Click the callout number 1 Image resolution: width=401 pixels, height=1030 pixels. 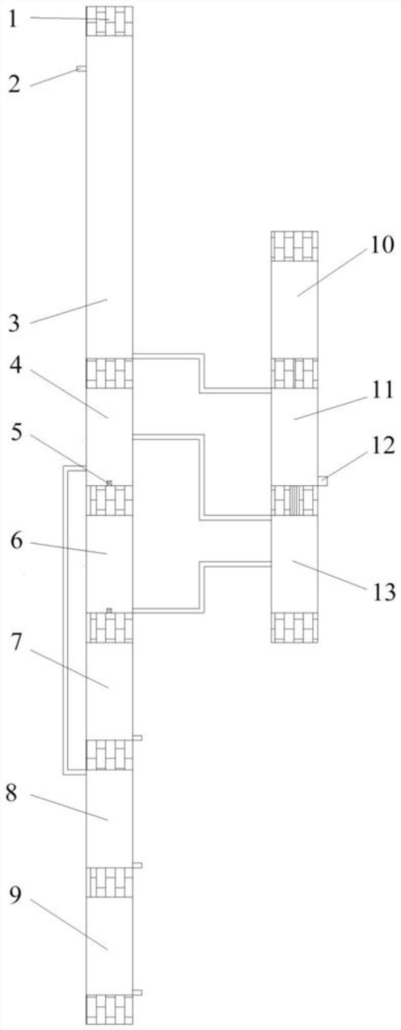(14, 20)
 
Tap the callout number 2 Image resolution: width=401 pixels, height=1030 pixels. (15, 84)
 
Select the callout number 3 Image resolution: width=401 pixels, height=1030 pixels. (15, 323)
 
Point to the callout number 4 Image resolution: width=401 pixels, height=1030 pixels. (16, 366)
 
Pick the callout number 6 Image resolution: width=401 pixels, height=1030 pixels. (17, 541)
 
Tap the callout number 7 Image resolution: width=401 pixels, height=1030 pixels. (17, 643)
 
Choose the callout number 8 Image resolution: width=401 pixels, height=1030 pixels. (12, 793)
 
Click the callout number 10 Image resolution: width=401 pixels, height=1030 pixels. (382, 245)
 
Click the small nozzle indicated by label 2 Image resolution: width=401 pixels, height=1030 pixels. (81, 69)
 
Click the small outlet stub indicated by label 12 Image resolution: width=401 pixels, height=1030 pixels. (323, 480)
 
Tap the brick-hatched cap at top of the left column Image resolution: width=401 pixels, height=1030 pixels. (109, 21)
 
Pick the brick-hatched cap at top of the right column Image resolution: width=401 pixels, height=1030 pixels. (294, 246)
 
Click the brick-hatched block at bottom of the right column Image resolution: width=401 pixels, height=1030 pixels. (294, 627)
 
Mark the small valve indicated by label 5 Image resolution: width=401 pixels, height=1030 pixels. (109, 482)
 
